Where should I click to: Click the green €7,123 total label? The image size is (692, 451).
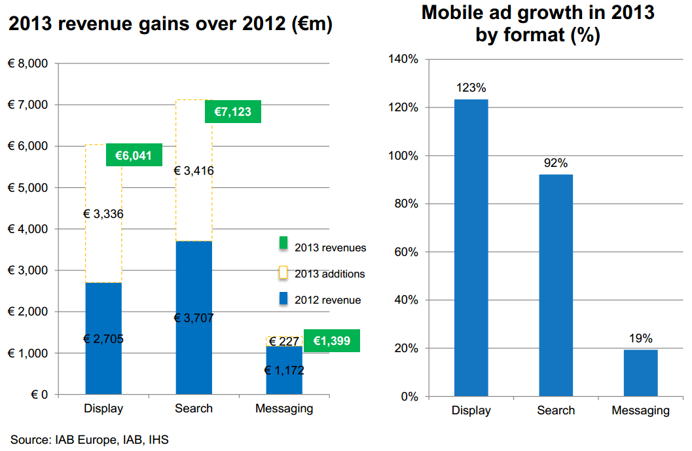(232, 112)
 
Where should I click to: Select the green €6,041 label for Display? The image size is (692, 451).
(134, 155)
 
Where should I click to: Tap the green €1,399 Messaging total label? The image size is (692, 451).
(331, 340)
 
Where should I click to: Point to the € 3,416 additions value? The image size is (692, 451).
(194, 171)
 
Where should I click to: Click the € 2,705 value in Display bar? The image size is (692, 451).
(103, 338)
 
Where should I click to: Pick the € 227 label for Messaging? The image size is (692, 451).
(284, 341)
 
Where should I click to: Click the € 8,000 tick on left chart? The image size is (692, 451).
(28, 63)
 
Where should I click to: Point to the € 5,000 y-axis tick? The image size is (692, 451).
(28, 188)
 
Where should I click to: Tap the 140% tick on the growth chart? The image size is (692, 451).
(405, 59)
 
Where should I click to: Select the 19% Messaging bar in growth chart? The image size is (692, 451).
(640, 372)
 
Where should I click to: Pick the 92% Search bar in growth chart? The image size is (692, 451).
(555, 285)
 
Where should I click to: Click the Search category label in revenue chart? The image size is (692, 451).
(194, 408)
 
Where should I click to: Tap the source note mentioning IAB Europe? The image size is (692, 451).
(90, 440)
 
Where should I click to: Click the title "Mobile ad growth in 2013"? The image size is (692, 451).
(537, 12)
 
